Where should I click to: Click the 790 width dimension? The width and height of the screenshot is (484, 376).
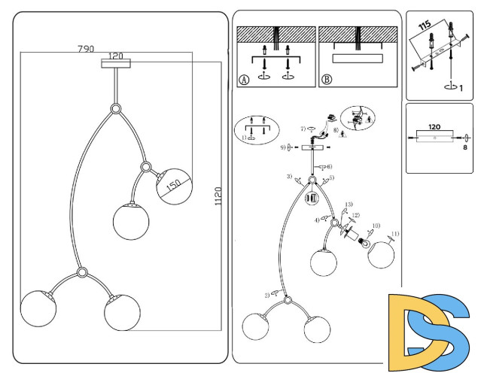tap(86, 49)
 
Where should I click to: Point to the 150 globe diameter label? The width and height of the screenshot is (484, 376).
tap(175, 185)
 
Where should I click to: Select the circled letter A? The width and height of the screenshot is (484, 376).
tap(243, 80)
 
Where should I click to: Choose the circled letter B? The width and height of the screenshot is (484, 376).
tap(326, 80)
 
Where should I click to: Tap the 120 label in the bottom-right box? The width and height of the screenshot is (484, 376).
tap(434, 126)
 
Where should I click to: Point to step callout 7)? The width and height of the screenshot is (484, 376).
tap(303, 129)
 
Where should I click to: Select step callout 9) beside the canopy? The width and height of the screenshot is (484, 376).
tap(284, 147)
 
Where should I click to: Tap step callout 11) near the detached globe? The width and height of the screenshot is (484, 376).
tap(395, 234)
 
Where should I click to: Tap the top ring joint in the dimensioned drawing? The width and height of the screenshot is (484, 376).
tap(116, 109)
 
